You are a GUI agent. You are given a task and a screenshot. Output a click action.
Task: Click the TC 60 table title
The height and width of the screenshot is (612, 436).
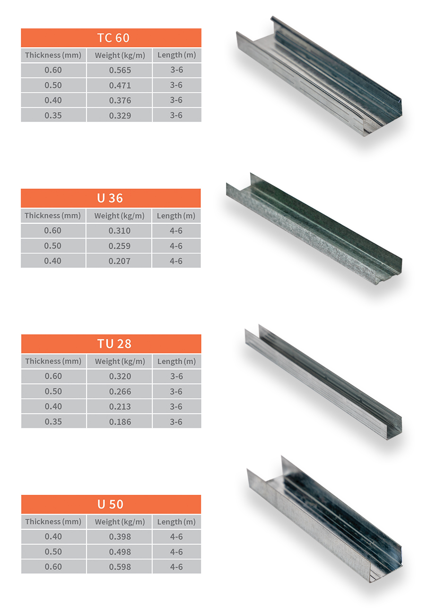click(113, 38)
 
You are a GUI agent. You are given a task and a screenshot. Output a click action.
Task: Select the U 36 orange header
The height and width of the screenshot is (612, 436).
click(111, 198)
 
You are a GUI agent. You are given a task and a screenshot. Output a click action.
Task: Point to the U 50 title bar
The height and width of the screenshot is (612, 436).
click(111, 504)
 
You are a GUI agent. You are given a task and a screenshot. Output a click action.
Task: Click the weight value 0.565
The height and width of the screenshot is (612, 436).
click(120, 70)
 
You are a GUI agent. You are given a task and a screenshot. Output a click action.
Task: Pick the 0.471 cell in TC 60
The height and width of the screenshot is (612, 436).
click(120, 86)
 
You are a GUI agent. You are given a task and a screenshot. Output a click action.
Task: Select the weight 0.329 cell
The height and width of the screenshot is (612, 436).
click(120, 115)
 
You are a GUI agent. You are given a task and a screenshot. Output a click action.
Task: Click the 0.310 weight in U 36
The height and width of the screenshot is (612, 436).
click(119, 231)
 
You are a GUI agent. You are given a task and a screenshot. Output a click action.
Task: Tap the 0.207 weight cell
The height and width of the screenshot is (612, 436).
click(119, 261)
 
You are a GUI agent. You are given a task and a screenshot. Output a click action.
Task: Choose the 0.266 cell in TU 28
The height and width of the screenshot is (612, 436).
click(120, 392)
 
